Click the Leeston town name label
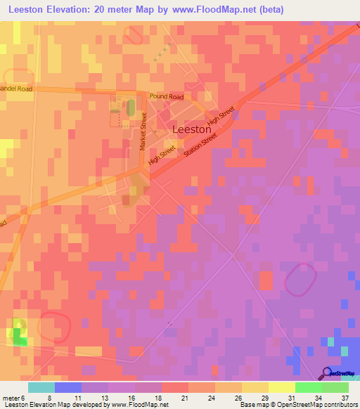click(x=192, y=130)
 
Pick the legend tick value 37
click(x=345, y=397)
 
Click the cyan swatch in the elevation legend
click(x=41, y=387)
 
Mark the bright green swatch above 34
click(x=308, y=387)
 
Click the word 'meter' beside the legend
click(x=11, y=397)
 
